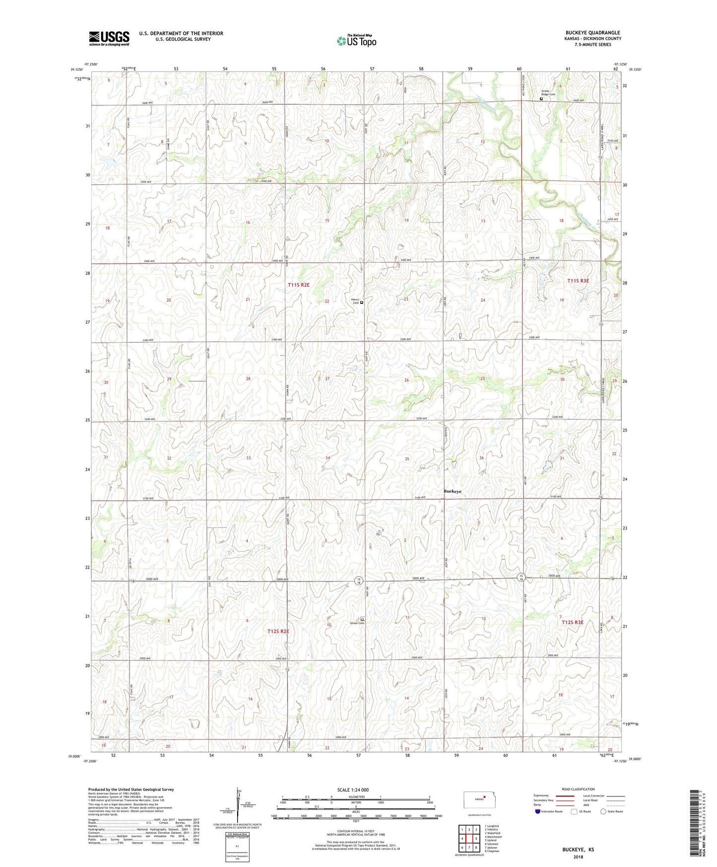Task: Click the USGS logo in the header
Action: click(109, 38)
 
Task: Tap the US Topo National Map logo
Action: click(356, 41)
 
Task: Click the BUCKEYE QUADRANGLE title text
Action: click(592, 33)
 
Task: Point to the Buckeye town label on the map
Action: click(452, 491)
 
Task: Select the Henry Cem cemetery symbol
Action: click(362, 302)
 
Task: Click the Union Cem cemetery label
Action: click(357, 623)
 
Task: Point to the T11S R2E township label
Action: click(299, 285)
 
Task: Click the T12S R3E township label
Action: click(572, 622)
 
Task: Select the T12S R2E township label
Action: click(278, 631)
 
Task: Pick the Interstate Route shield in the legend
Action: click(538, 811)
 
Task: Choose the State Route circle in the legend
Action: click(603, 811)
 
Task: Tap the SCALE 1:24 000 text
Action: click(352, 790)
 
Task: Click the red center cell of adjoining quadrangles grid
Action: click(469, 839)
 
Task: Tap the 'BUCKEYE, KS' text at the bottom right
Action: click(578, 850)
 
